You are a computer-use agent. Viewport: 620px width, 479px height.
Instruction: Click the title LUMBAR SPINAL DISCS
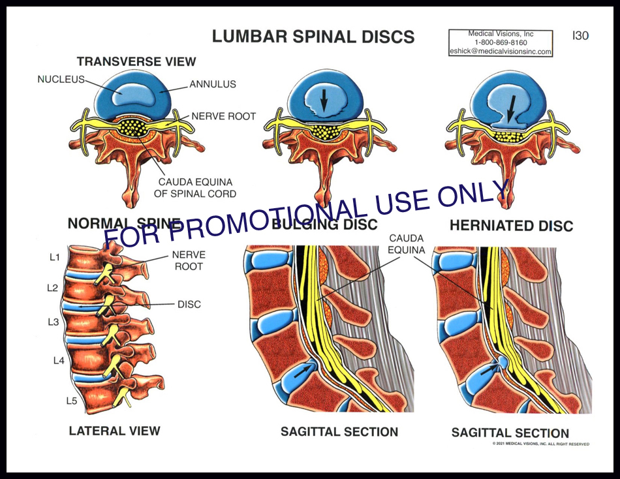click(x=313, y=37)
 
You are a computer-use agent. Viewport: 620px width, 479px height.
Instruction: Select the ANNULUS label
click(x=212, y=84)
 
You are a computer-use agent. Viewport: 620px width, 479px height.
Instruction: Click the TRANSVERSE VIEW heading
click(x=136, y=61)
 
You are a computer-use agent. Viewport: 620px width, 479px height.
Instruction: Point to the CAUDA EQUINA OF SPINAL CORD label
click(x=196, y=188)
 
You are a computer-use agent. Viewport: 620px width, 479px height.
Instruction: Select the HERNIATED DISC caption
click(x=511, y=226)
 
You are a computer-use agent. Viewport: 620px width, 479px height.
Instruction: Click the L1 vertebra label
click(x=55, y=256)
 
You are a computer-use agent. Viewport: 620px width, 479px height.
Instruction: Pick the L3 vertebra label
click(x=54, y=322)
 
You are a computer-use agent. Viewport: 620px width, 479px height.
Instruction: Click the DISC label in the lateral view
click(x=189, y=304)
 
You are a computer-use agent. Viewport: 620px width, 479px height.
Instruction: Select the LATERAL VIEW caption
click(x=114, y=430)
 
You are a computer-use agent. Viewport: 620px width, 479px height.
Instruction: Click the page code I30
click(x=580, y=36)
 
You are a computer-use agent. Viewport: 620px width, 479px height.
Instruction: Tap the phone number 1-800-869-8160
click(x=501, y=42)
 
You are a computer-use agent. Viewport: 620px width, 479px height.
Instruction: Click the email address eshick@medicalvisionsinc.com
click(x=501, y=52)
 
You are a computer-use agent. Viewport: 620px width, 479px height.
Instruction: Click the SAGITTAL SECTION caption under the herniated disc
click(x=510, y=432)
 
